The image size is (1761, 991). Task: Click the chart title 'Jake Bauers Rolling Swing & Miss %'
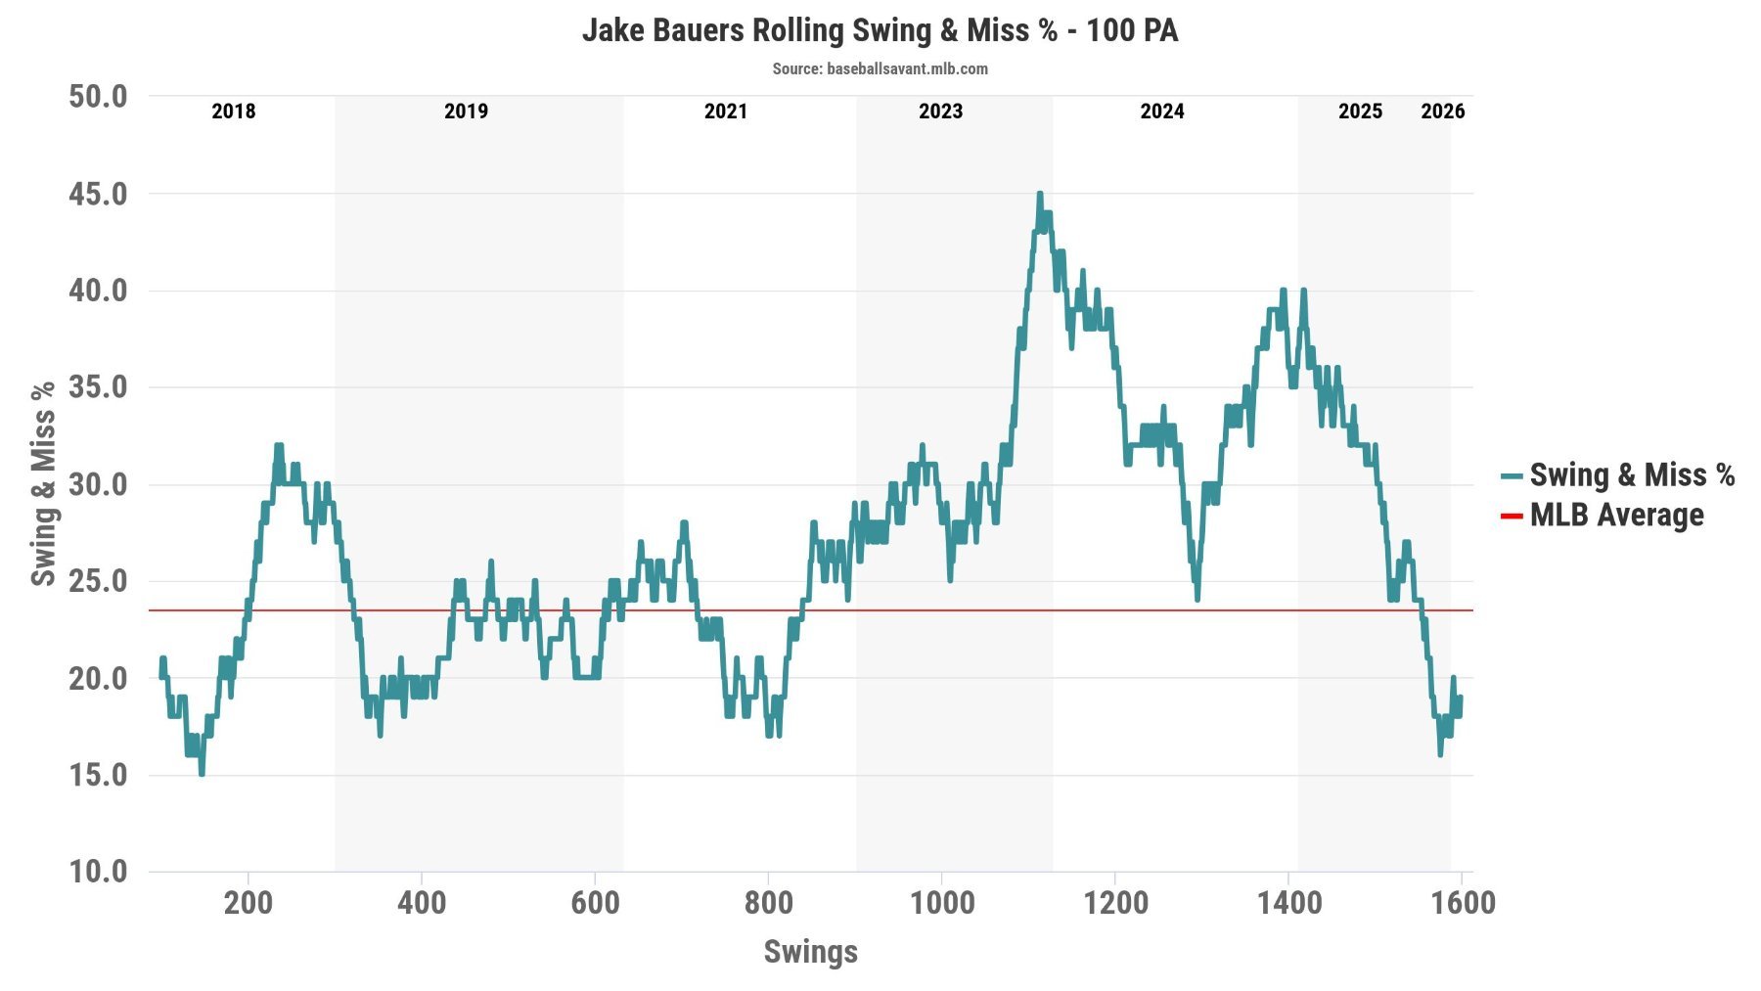pyautogui.click(x=880, y=30)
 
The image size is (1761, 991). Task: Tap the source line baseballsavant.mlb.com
pyautogui.click(x=880, y=68)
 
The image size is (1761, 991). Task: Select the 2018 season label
pyautogui.click(x=234, y=112)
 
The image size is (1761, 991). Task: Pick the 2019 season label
pyautogui.click(x=466, y=112)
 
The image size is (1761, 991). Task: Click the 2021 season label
pyautogui.click(x=726, y=112)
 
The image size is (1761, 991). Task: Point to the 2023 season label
pyautogui.click(x=940, y=112)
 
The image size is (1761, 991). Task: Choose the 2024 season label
pyautogui.click(x=1162, y=112)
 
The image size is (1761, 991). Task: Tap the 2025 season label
pyautogui.click(x=1360, y=112)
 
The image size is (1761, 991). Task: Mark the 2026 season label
pyautogui.click(x=1443, y=112)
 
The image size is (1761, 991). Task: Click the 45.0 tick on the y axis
pyautogui.click(x=98, y=194)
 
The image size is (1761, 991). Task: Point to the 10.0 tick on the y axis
pyautogui.click(x=98, y=872)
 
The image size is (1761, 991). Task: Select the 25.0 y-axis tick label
pyautogui.click(x=98, y=581)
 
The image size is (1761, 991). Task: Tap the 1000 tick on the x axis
pyautogui.click(x=942, y=902)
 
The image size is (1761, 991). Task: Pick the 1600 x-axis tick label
pyautogui.click(x=1463, y=902)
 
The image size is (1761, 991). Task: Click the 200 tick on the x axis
pyautogui.click(x=248, y=902)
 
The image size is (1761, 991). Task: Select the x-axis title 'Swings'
pyautogui.click(x=810, y=952)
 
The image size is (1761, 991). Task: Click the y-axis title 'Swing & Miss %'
pyautogui.click(x=43, y=484)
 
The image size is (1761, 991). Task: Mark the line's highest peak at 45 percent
pyautogui.click(x=1039, y=195)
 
